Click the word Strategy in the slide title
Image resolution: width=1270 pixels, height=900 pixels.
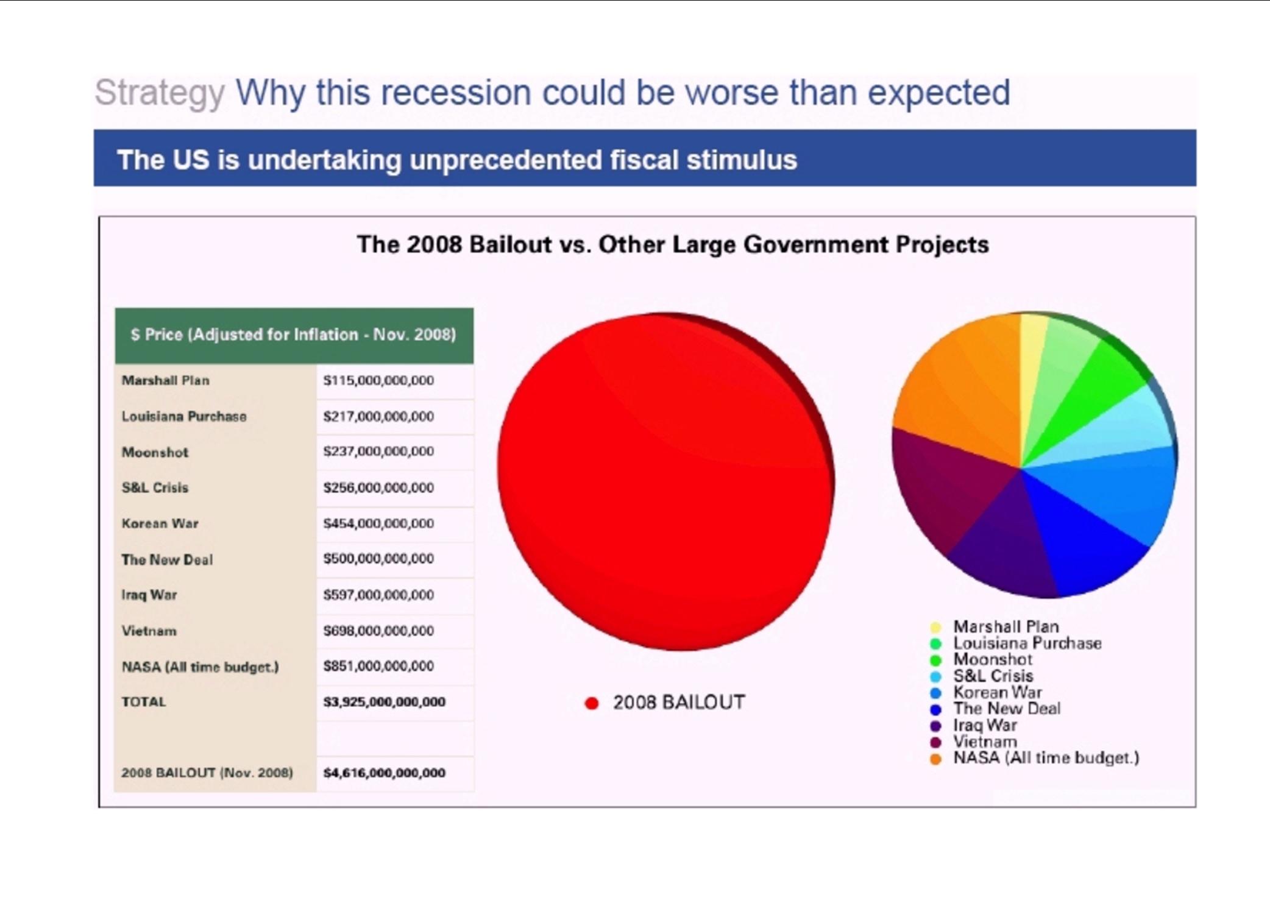tap(160, 93)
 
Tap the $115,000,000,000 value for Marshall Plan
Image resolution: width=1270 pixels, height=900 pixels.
tap(378, 380)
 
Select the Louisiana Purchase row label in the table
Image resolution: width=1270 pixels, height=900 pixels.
tap(184, 416)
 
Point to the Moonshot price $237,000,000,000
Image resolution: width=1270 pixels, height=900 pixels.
tap(378, 452)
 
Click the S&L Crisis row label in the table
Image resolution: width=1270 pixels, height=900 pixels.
tap(155, 487)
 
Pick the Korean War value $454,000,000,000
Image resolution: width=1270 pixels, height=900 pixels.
tap(378, 523)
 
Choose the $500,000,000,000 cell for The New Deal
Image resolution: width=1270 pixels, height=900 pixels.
tap(378, 559)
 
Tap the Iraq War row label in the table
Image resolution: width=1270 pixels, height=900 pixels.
tap(149, 595)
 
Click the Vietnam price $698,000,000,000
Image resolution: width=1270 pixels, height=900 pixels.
tap(378, 631)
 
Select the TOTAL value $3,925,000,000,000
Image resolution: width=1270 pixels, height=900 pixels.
tap(384, 702)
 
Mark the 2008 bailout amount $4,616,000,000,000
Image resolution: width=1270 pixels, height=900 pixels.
tap(384, 773)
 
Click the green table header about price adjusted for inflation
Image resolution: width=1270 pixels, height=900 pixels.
tap(294, 336)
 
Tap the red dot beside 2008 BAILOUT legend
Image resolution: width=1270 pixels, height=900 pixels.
tap(591, 703)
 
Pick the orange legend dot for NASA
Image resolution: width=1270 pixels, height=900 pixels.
tap(936, 759)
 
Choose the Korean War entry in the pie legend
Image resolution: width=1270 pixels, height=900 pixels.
tap(998, 692)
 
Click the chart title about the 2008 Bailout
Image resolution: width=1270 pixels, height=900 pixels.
tap(673, 244)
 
